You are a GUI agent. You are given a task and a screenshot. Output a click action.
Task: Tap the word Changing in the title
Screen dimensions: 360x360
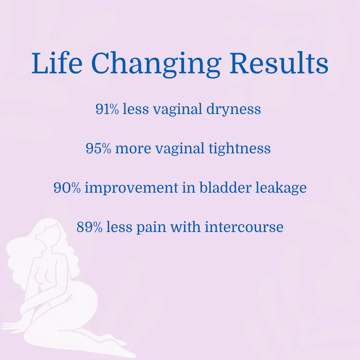(156, 64)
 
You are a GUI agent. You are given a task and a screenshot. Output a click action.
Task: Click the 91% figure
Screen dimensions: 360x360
(107, 109)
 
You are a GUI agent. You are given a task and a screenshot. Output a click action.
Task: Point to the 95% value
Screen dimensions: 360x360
(98, 148)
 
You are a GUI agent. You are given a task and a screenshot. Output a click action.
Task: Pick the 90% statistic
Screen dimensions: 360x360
(67, 188)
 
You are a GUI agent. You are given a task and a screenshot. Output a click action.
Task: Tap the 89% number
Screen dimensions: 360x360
(89, 227)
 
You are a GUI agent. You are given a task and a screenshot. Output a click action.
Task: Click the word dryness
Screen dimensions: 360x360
(233, 110)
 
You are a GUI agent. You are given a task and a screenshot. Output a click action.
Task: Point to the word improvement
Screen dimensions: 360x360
(131, 188)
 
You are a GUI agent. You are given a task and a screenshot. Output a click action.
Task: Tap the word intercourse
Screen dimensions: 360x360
(244, 227)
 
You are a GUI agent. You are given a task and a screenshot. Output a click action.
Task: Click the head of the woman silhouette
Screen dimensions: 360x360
(48, 233)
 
